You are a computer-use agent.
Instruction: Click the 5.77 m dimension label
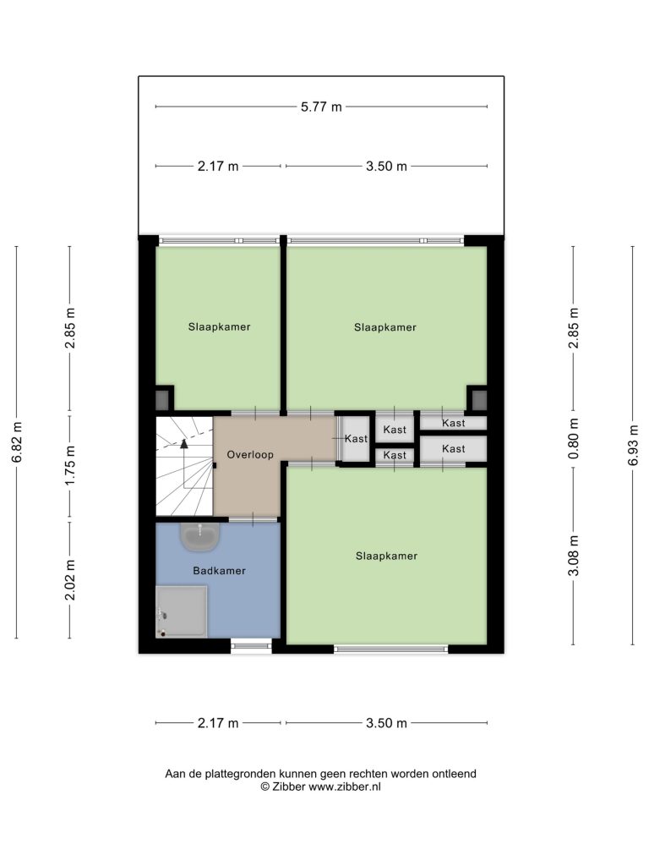[321, 107]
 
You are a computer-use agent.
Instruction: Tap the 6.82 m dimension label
[17, 442]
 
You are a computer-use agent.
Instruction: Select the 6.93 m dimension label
[632, 445]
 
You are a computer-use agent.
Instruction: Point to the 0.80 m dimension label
[574, 439]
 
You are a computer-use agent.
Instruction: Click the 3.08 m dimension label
[574, 556]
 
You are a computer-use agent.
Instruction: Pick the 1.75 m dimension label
[70, 465]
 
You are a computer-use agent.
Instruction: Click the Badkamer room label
[219, 571]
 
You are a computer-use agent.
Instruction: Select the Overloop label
[250, 454]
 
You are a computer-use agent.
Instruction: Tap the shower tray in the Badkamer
[182, 612]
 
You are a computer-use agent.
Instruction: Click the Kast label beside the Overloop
[356, 439]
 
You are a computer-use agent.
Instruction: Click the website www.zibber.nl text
[345, 787]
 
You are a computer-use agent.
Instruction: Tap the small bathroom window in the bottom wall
[251, 645]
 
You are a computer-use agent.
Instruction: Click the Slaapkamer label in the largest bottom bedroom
[386, 556]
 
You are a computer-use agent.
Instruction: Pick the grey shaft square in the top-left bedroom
[162, 398]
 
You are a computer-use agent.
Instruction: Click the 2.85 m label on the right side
[574, 328]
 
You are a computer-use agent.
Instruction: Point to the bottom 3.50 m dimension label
[386, 723]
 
